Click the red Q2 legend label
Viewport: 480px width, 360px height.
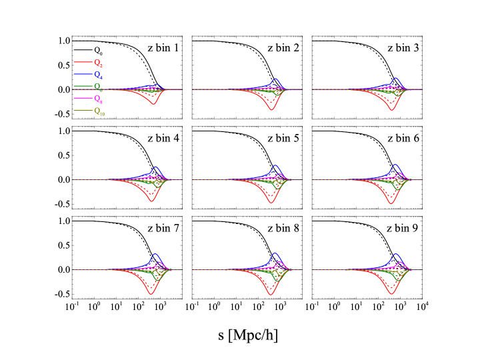pyautogui.click(x=98, y=63)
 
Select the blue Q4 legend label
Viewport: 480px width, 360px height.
pyautogui.click(x=98, y=75)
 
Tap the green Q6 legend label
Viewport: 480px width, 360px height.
pyautogui.click(x=98, y=87)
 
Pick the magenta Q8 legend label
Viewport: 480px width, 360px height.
pyautogui.click(x=98, y=99)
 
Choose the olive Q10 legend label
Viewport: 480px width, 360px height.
pyautogui.click(x=99, y=111)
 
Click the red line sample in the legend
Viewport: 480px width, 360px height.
pyautogui.click(x=83, y=62)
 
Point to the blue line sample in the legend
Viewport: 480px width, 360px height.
pyautogui.click(x=83, y=74)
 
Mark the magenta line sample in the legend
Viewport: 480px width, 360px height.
pyautogui.click(x=83, y=98)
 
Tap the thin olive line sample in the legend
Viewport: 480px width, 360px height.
pyautogui.click(x=83, y=110)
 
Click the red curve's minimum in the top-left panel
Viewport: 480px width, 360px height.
pyautogui.click(x=153, y=105)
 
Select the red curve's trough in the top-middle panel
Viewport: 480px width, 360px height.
pyautogui.click(x=272, y=109)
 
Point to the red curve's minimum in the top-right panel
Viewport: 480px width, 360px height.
pyautogui.click(x=391, y=109)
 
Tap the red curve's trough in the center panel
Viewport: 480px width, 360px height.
pyautogui.click(x=272, y=202)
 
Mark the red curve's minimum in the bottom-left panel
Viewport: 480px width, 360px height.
pyautogui.click(x=151, y=293)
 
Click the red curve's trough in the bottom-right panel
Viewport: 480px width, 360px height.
pyautogui.click(x=391, y=293)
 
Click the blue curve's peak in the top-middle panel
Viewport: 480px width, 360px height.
pyautogui.click(x=275, y=79)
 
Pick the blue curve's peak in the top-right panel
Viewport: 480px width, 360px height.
pyautogui.click(x=395, y=78)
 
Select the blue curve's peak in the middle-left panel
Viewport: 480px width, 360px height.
pyautogui.click(x=155, y=167)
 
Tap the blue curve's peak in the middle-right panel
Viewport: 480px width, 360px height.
pyautogui.click(x=395, y=165)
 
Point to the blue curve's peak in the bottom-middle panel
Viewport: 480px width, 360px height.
pyautogui.click(x=275, y=254)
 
